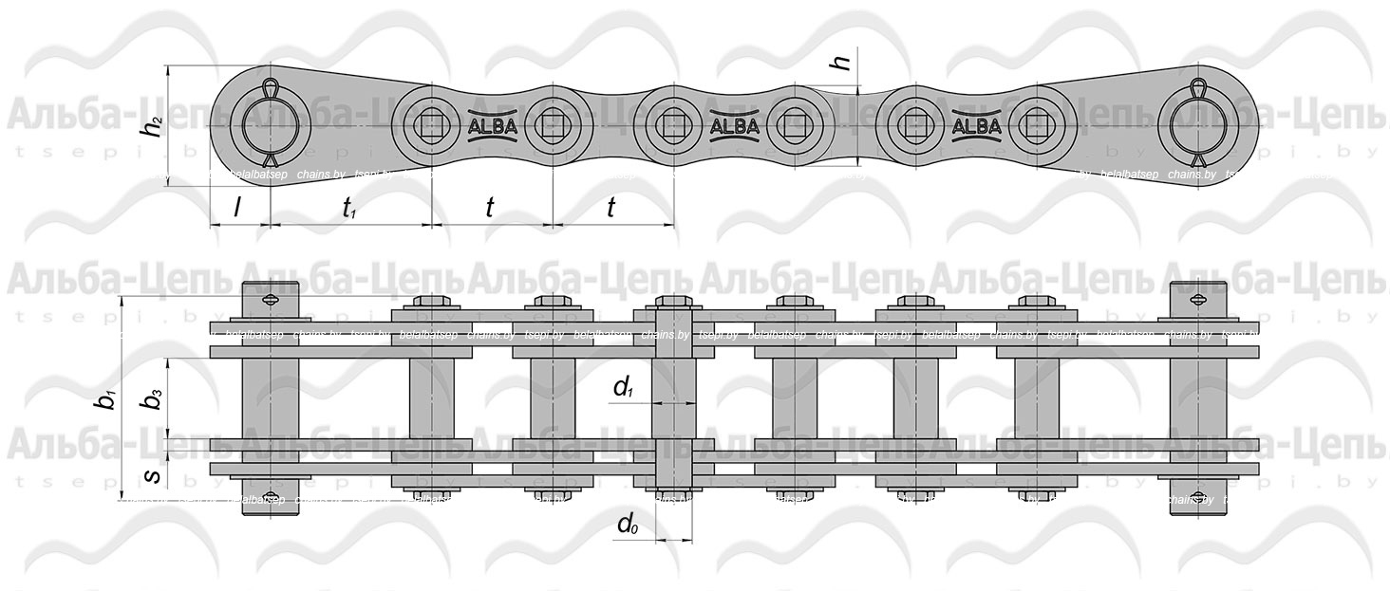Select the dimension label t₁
349,209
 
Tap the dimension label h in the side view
840,63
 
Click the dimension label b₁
106,399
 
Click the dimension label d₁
623,386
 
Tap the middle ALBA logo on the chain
734,125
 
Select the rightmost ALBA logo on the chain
975,125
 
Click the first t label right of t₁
489,208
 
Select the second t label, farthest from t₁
610,208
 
